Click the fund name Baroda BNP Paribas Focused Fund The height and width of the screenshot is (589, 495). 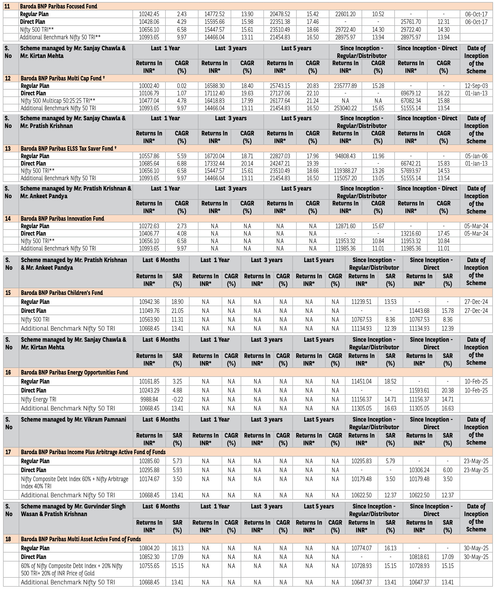click(x=58, y=6)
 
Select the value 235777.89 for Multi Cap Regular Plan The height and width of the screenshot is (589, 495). click(x=345, y=86)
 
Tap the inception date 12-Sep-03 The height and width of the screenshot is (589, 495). click(x=476, y=86)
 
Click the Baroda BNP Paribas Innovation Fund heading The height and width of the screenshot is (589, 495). click(x=62, y=219)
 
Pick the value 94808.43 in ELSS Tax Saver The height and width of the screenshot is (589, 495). click(x=345, y=156)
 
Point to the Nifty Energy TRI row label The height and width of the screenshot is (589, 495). click(x=39, y=399)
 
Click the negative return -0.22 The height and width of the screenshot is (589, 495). click(x=177, y=399)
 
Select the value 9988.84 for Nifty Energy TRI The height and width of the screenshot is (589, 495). click(x=149, y=399)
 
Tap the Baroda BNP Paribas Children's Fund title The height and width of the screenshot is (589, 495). click(x=62, y=293)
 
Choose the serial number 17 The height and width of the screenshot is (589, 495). click(x=8, y=452)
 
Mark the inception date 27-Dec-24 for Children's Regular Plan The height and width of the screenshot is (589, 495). click(x=476, y=302)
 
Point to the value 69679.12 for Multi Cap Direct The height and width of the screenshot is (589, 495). click(x=411, y=93)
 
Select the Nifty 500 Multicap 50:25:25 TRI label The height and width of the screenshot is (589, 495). click(x=58, y=101)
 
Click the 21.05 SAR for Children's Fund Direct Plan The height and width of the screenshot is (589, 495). click(x=177, y=311)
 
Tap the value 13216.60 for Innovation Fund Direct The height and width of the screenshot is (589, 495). click(x=411, y=233)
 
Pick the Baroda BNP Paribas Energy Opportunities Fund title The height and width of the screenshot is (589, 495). click(x=74, y=372)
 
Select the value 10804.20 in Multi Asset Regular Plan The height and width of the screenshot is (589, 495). click(x=149, y=548)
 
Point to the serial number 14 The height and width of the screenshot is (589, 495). click(x=8, y=219)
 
